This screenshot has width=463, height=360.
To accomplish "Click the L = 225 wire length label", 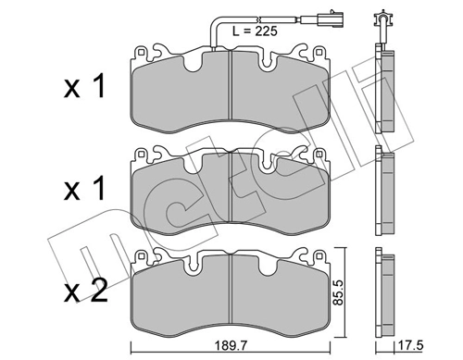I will [x=252, y=32].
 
